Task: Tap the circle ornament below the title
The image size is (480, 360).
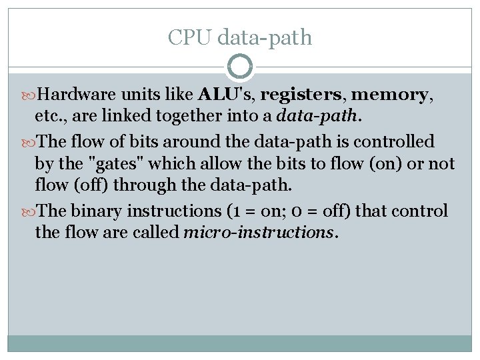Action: [240, 67]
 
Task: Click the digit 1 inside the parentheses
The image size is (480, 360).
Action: [239, 211]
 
